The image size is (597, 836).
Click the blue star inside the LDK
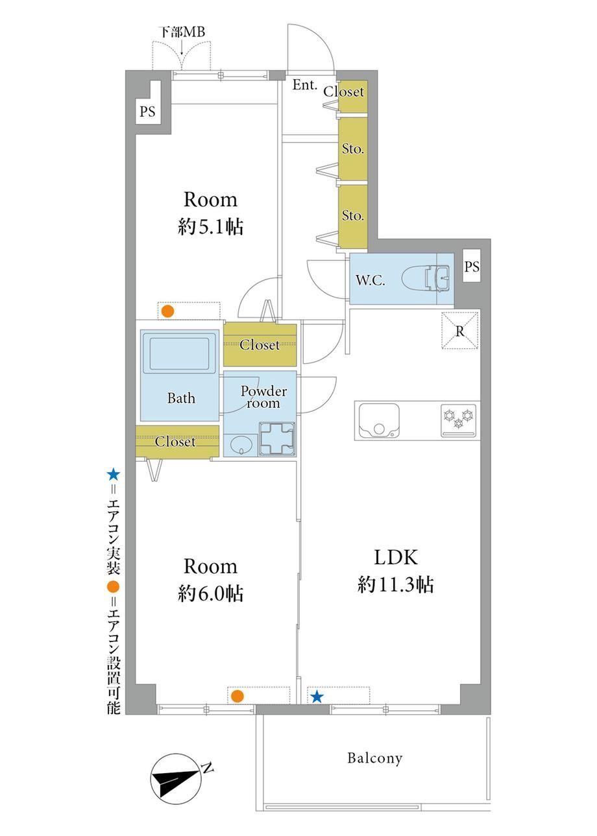click(x=317, y=697)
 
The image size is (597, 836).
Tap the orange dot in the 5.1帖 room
click(x=167, y=311)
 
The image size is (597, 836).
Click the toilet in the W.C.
click(x=426, y=278)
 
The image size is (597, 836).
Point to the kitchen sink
click(x=378, y=420)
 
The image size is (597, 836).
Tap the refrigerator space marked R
click(x=460, y=331)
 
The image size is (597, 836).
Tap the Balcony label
click(x=374, y=758)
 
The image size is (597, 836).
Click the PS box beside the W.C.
click(x=472, y=266)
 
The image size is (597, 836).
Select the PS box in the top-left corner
click(x=147, y=111)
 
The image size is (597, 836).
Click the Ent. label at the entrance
click(x=304, y=85)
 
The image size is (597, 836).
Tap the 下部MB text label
click(x=183, y=32)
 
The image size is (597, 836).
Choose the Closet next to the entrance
click(x=353, y=96)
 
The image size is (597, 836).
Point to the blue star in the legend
click(x=113, y=475)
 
